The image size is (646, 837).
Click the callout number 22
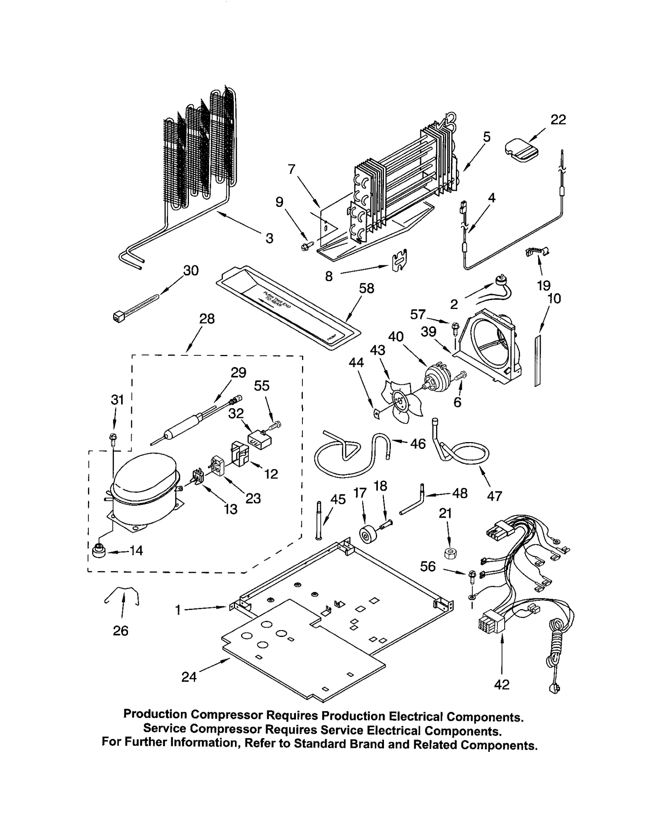(x=558, y=120)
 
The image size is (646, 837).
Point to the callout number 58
(x=367, y=288)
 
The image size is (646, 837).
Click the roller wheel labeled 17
(x=367, y=535)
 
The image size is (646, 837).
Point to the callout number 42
(x=502, y=685)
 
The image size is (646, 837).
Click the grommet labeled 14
(x=98, y=551)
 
